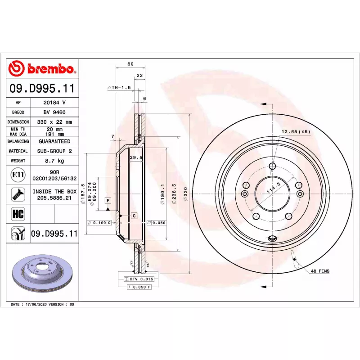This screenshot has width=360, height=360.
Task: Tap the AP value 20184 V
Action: pos(54,103)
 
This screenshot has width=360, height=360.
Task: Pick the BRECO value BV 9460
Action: pos(54,112)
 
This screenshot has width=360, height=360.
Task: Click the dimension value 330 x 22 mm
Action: pos(54,122)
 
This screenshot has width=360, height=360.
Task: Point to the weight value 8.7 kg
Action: pos(54,161)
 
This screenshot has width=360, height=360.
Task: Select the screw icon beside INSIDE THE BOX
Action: pos(18,194)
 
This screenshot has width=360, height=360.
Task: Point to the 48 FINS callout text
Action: pos(320,271)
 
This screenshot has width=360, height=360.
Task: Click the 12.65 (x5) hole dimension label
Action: pos(296,132)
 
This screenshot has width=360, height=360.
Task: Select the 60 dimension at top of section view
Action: pos(130,64)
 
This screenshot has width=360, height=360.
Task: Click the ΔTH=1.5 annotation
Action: pos(119,87)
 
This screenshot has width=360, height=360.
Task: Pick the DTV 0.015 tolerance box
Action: pos(139,279)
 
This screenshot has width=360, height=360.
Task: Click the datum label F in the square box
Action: pos(108,199)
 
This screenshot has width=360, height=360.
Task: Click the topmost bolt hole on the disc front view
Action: pos(272,166)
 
